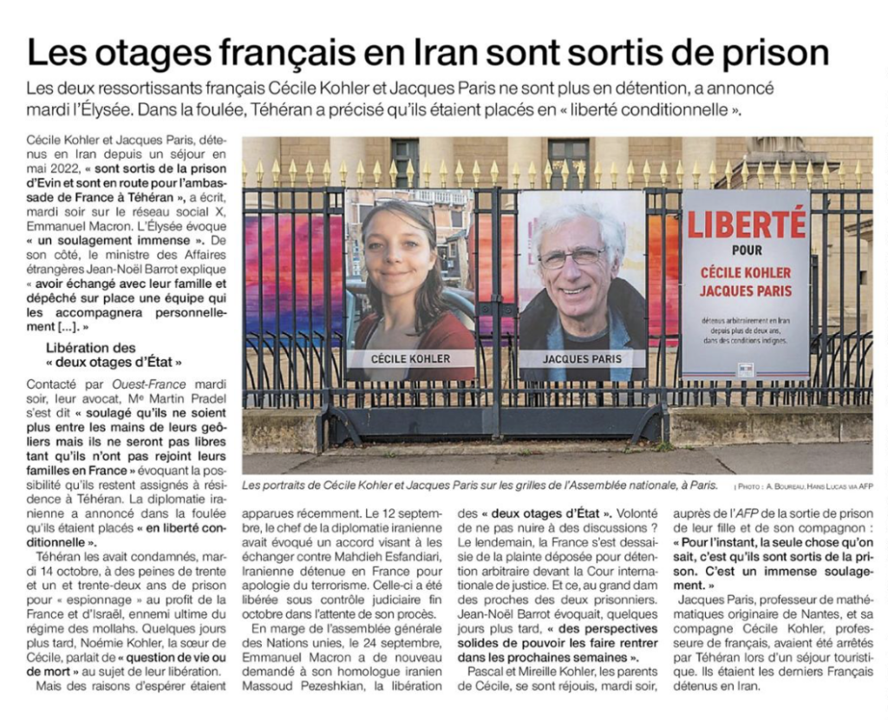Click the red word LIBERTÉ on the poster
747,225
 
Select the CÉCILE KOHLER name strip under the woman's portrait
410,358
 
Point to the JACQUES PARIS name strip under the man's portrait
583,358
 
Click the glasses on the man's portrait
572,257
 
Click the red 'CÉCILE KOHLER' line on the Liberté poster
746,273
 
